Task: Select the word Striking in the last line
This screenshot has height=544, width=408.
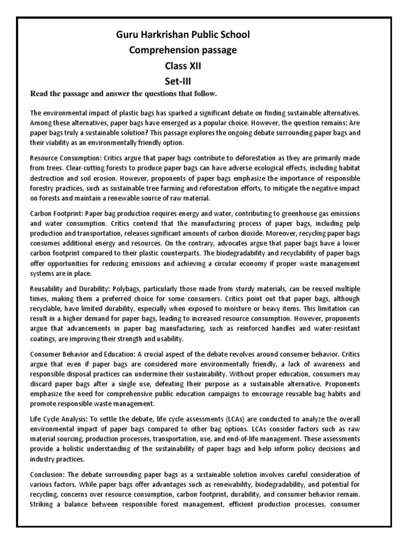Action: click(x=44, y=503)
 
